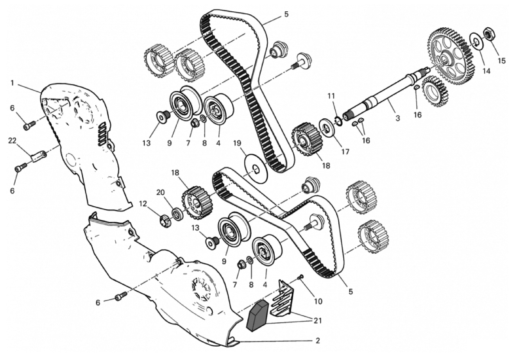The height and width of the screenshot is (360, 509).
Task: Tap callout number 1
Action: point(13,82)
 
